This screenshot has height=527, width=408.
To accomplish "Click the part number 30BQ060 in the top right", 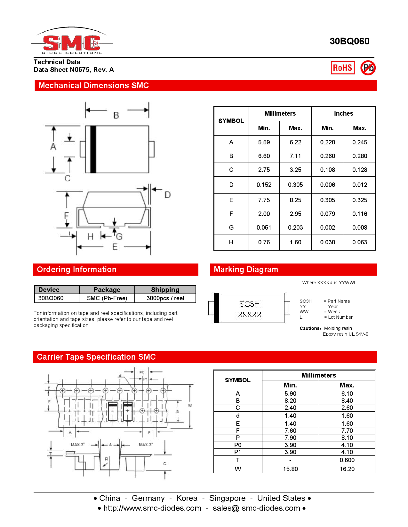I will (x=349, y=41).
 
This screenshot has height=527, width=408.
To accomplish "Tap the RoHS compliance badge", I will (x=342, y=68).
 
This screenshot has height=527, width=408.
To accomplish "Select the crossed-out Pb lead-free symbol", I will (x=368, y=68).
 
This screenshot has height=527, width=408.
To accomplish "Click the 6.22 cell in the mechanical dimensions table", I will (x=295, y=142).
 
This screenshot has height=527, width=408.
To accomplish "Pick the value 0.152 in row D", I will (x=264, y=185).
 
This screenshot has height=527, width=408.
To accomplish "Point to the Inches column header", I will (x=343, y=114).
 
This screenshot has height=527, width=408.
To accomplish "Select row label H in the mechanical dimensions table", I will (x=231, y=242).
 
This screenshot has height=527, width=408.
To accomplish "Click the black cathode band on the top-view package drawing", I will (x=93, y=149).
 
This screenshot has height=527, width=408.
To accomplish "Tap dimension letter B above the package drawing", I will (x=116, y=115).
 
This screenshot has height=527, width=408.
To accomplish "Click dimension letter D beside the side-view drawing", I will (x=168, y=195).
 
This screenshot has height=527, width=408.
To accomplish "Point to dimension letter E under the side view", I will (x=115, y=247).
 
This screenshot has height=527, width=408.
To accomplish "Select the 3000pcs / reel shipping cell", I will (x=165, y=298).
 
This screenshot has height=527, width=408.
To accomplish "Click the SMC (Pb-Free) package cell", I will (x=107, y=298).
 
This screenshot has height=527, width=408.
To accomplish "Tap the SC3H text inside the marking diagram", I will (x=249, y=304).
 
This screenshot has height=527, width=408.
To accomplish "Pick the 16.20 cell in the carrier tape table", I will (x=347, y=469).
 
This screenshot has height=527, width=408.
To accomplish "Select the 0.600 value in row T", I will (x=347, y=460).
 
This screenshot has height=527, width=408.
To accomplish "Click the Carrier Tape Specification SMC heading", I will (x=96, y=357).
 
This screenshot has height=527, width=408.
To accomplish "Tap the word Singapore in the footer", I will (x=227, y=498).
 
